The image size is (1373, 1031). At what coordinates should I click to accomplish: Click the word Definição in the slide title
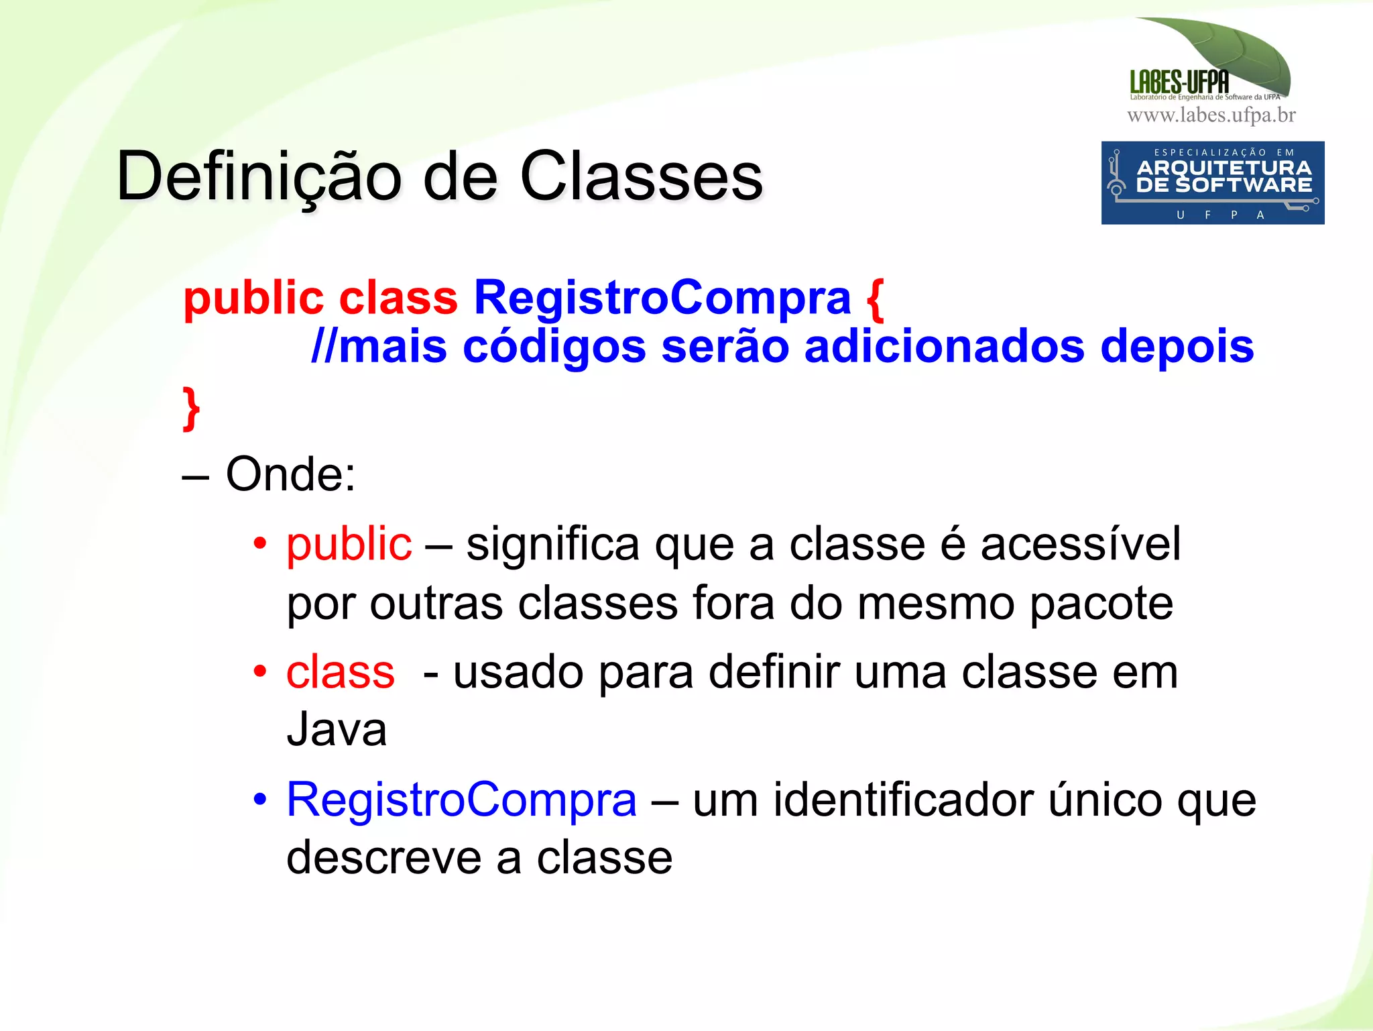click(259, 176)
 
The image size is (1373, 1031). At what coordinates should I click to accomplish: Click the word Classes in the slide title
click(642, 176)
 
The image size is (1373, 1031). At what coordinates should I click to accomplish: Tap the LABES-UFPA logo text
click(1179, 82)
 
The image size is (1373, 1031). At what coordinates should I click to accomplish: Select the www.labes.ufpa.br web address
click(1211, 115)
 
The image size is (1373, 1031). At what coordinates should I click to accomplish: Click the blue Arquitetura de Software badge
click(1212, 182)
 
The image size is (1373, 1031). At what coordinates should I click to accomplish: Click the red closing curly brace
click(191, 407)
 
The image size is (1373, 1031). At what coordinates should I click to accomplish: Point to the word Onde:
click(290, 474)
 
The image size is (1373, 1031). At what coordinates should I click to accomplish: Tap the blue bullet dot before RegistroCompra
click(260, 799)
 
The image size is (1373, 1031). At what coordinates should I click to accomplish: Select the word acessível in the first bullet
click(1081, 543)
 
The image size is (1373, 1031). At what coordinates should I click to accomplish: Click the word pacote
click(1101, 603)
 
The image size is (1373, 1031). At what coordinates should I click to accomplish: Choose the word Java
click(337, 729)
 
